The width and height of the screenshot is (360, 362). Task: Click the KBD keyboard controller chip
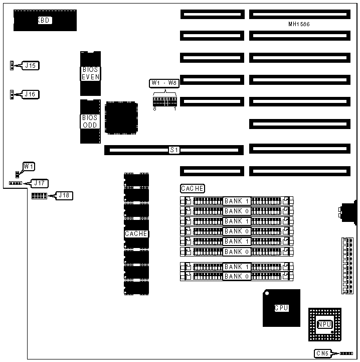[45, 20]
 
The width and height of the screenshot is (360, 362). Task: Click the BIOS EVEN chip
[90, 73]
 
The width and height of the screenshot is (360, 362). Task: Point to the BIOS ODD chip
[90, 122]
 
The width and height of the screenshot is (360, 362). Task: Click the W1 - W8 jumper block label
[164, 83]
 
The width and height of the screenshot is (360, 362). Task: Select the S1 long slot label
[174, 150]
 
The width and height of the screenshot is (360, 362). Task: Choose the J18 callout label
[64, 195]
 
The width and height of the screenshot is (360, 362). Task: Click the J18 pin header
[39, 195]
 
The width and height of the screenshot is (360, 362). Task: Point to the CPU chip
[281, 308]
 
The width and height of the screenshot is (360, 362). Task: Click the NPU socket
[324, 325]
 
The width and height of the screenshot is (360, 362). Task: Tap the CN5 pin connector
[347, 353]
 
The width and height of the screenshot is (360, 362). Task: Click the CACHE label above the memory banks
[193, 189]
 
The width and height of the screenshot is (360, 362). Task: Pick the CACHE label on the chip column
[136, 233]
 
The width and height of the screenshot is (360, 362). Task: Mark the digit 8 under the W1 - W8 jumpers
[154, 108]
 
